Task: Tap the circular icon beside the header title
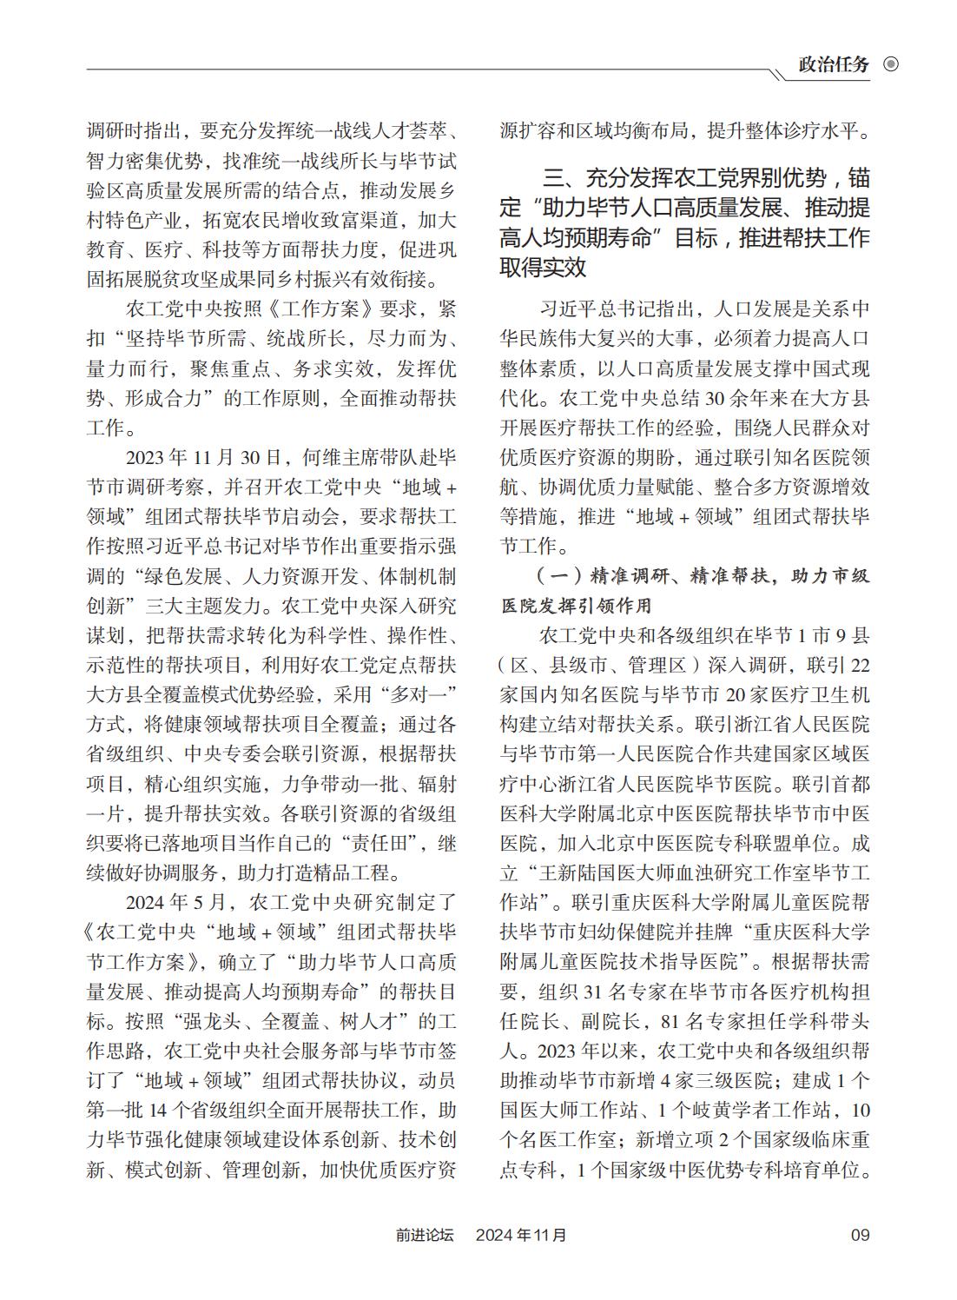point(890,65)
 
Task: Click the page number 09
point(860,1235)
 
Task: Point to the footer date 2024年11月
point(520,1235)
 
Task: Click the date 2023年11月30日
point(203,458)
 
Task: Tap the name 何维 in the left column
point(319,458)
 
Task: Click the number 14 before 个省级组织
point(159,1110)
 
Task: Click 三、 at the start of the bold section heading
point(562,180)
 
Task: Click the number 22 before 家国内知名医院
point(856,665)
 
